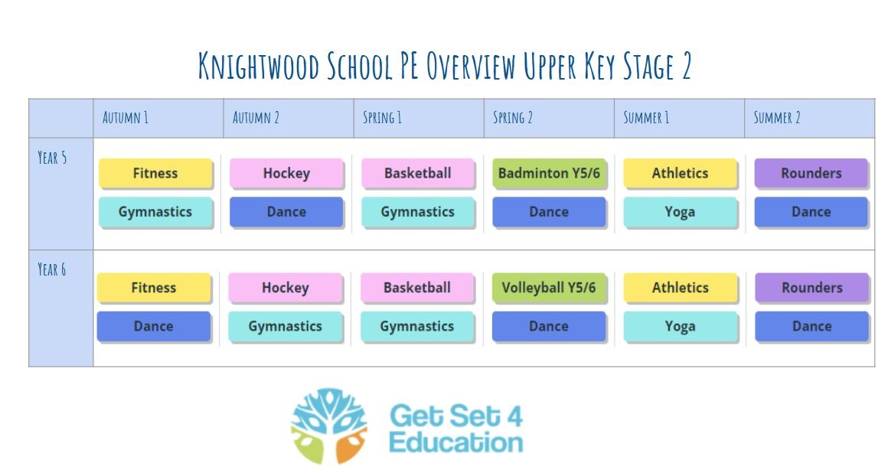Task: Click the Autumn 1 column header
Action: click(x=125, y=118)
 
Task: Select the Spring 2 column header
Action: click(x=513, y=118)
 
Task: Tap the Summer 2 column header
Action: click(x=776, y=118)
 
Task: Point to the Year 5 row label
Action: click(x=52, y=158)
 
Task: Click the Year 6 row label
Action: click(x=51, y=269)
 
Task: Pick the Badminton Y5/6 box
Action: click(x=549, y=173)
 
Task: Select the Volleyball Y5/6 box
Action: click(x=548, y=288)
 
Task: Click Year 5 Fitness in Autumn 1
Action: click(x=155, y=173)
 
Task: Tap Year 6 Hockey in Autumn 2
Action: click(x=285, y=288)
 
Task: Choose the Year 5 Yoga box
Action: click(x=680, y=212)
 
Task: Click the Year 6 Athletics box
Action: click(x=680, y=288)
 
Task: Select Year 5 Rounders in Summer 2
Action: click(x=811, y=173)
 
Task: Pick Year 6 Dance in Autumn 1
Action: click(x=153, y=326)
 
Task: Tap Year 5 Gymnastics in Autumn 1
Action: click(x=155, y=212)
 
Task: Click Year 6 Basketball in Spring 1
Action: click(x=416, y=288)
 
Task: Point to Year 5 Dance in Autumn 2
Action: click(x=286, y=212)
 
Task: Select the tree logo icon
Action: click(x=329, y=425)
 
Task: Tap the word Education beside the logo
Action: click(x=456, y=442)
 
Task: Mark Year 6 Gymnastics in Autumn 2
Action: click(x=285, y=326)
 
